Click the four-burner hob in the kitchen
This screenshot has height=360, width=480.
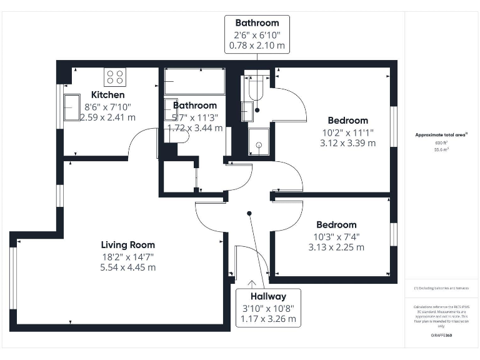pyautogui.click(x=115, y=76)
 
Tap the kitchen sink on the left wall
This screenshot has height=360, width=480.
pyautogui.click(x=71, y=106)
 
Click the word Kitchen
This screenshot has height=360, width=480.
pyautogui.click(x=108, y=95)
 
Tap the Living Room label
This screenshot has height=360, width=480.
pyautogui.click(x=128, y=245)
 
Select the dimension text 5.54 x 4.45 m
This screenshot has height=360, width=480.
pyautogui.click(x=128, y=267)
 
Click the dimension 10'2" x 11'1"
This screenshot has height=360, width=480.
pyautogui.click(x=348, y=132)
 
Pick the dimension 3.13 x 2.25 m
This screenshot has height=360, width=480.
pyautogui.click(x=336, y=247)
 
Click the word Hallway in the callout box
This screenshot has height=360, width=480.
pyautogui.click(x=269, y=297)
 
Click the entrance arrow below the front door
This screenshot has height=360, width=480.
pyautogui.click(x=251, y=284)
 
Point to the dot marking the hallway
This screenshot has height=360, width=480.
pyautogui.click(x=249, y=214)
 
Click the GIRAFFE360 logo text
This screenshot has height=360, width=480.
pyautogui.click(x=442, y=336)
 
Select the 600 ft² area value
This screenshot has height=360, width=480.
pyautogui.click(x=442, y=143)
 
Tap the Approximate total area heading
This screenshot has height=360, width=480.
pyautogui.click(x=441, y=134)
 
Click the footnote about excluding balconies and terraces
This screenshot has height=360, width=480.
pyautogui.click(x=441, y=288)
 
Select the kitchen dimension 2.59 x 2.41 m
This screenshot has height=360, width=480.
pyautogui.click(x=108, y=117)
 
